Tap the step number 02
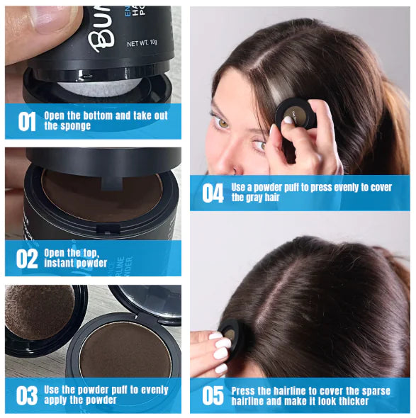click(26, 259)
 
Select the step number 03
click(26, 395)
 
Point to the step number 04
click(213, 193)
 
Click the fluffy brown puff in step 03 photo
click(40, 311)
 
